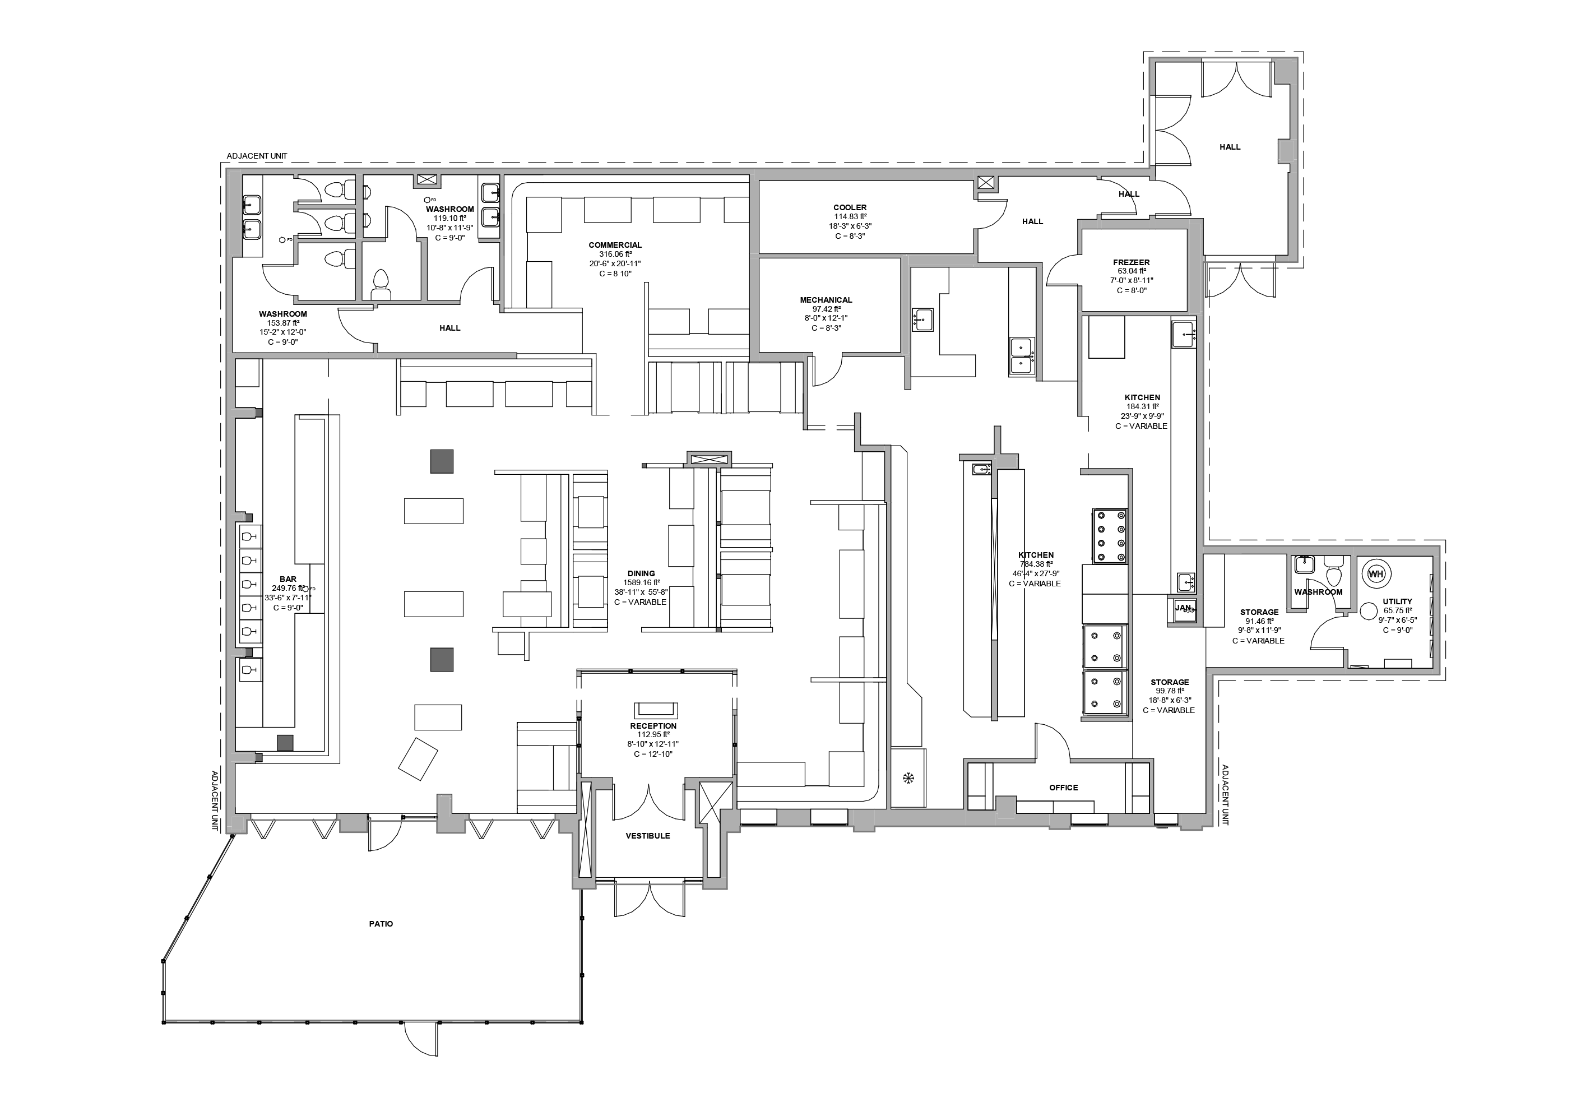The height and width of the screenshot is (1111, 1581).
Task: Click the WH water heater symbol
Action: click(1375, 574)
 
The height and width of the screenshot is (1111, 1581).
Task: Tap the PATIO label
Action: click(381, 924)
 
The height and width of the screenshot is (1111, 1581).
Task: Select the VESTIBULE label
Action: click(647, 835)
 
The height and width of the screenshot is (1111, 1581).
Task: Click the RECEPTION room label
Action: click(653, 726)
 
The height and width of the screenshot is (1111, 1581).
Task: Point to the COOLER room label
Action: click(850, 207)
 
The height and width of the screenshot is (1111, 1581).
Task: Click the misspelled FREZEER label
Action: click(1132, 262)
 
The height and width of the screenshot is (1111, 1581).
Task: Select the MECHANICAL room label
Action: click(826, 300)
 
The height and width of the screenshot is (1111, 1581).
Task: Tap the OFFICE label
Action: click(1063, 787)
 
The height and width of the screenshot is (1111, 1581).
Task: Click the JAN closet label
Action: click(1183, 608)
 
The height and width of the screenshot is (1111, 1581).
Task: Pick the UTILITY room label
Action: click(1397, 601)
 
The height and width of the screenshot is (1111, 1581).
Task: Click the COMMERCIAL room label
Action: click(615, 245)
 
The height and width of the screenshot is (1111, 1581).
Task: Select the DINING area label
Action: click(641, 573)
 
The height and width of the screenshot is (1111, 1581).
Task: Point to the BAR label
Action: click(288, 579)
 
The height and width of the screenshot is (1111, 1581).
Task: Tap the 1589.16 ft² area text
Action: click(641, 582)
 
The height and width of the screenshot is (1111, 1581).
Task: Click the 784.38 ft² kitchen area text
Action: click(1036, 564)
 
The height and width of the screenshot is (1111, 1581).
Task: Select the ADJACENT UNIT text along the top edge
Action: click(257, 156)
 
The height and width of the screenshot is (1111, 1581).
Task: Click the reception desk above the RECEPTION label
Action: click(656, 710)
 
